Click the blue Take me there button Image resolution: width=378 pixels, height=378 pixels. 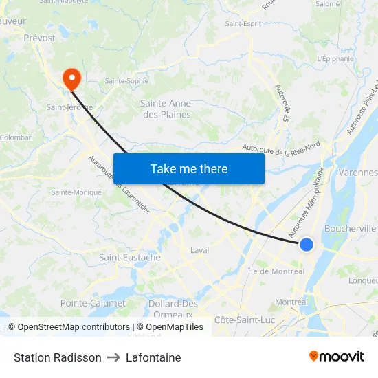pos(189,168)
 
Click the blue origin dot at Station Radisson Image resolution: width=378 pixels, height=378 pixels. pos(307,245)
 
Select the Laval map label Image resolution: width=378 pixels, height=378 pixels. pos(199,250)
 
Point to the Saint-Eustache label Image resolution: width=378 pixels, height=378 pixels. pos(130,258)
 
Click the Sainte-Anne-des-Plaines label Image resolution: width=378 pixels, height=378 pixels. pos(166,109)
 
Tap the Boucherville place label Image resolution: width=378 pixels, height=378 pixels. pos(350,228)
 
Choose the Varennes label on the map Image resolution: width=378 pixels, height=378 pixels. pos(358,172)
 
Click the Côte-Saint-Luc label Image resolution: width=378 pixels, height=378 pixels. pos(244,320)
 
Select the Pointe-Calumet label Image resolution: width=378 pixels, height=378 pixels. pos(93,303)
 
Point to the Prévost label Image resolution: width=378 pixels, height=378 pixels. pos(39,38)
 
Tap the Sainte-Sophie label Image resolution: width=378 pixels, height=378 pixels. pos(126,80)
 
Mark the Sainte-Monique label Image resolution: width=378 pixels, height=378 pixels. pos(76,192)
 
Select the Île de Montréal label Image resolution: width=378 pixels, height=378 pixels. pos(275,271)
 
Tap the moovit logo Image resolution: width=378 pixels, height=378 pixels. pos(336,357)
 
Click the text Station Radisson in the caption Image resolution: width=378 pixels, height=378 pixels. pos(58,357)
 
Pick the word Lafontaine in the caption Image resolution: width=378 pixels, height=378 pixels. pos(153,357)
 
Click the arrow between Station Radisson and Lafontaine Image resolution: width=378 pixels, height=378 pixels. pos(113,357)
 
